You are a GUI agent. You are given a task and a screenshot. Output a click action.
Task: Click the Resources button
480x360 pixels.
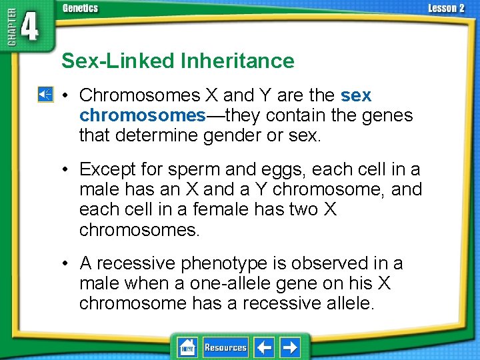tap(225, 347)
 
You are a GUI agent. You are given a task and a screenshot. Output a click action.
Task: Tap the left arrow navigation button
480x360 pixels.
tap(265, 347)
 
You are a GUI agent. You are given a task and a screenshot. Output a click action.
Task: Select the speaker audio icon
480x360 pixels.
tap(45, 95)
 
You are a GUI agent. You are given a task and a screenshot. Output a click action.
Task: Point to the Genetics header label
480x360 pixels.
tap(80, 8)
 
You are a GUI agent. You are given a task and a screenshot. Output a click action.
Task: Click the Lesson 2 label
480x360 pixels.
tap(446, 8)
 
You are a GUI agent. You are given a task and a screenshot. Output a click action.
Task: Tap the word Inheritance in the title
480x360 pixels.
tap(237, 61)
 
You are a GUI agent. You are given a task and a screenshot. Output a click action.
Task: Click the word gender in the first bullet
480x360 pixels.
tap(225, 136)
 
